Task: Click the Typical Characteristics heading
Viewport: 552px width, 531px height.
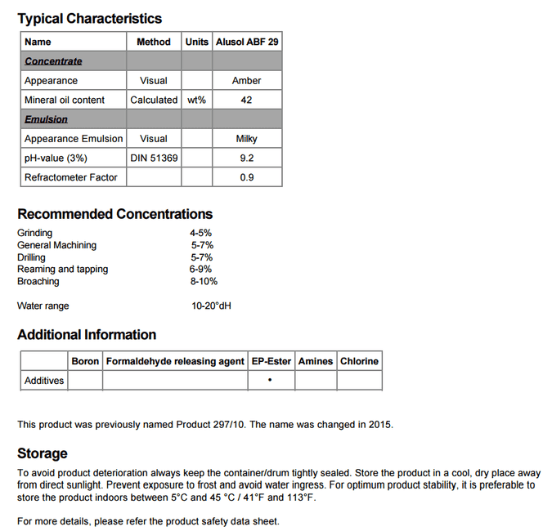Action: [x=90, y=18]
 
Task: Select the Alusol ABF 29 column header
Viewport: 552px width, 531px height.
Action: [x=247, y=42]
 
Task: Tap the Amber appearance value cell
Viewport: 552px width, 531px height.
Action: [x=246, y=81]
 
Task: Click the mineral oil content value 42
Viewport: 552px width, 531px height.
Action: [x=246, y=100]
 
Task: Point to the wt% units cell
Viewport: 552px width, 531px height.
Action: [x=196, y=100]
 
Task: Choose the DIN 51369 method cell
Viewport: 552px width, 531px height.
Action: [x=154, y=158]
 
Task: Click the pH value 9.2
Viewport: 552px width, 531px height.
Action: [x=246, y=158]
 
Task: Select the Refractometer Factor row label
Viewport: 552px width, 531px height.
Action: [x=70, y=177]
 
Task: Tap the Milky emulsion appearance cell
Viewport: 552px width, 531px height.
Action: [x=246, y=139]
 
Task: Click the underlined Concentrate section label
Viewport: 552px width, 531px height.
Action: [x=53, y=61]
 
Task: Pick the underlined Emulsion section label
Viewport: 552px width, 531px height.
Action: [x=46, y=119]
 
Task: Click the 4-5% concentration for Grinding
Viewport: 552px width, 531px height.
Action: [x=200, y=233]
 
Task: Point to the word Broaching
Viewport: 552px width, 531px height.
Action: [x=38, y=281]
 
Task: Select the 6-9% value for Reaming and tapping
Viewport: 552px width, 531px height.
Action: [x=200, y=269]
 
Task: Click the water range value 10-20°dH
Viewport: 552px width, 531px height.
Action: [x=213, y=306]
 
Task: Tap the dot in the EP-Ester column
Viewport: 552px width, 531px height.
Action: [x=270, y=381]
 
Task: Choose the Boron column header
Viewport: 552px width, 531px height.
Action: [x=85, y=361]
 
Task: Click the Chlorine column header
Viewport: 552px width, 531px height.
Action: [x=359, y=361]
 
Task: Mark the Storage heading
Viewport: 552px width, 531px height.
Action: [x=43, y=453]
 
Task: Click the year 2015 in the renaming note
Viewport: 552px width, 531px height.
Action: [x=380, y=425]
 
